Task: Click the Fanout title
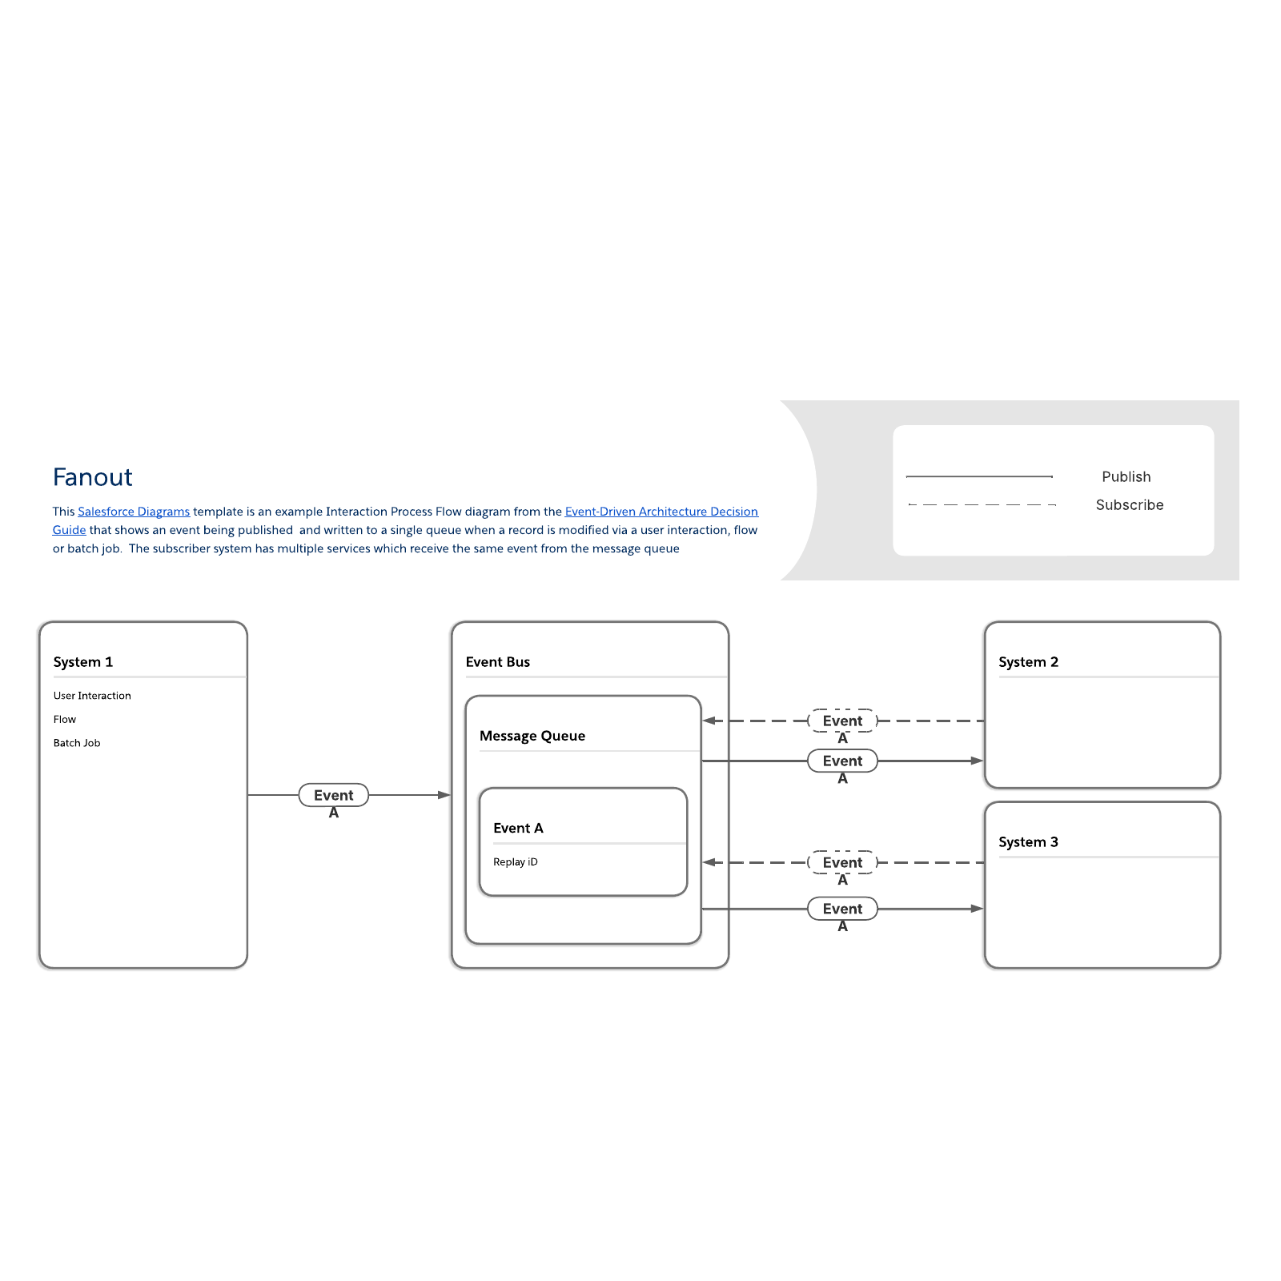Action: point(92,477)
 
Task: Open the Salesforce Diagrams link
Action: point(134,512)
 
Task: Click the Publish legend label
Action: point(1126,477)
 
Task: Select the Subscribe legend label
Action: point(1129,505)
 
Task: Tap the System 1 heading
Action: point(83,662)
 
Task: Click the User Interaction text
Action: point(92,696)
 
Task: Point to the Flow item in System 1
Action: point(65,720)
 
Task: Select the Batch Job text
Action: point(77,743)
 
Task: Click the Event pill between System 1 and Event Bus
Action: point(333,795)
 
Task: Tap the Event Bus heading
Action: point(498,662)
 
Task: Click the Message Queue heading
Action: point(532,736)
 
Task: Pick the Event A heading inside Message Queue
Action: point(518,828)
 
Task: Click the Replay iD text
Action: point(516,862)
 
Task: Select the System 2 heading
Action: point(1028,662)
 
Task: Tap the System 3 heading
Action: point(1028,842)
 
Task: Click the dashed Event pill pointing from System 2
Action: point(842,721)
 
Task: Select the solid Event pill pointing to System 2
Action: point(842,761)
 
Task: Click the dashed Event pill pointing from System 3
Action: point(842,862)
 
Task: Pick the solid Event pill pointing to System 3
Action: point(842,909)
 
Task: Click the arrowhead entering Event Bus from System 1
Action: point(444,795)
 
